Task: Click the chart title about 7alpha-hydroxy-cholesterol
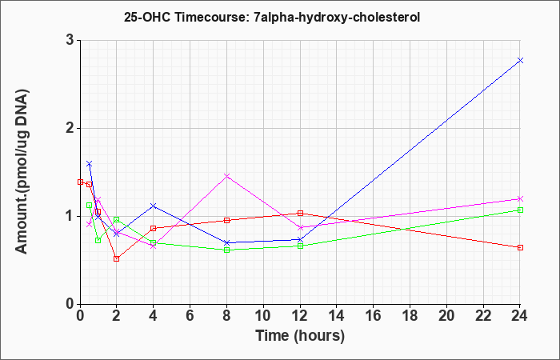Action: pos(272,17)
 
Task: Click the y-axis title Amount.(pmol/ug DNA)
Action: pos(22,171)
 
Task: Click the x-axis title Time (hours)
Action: pos(300,336)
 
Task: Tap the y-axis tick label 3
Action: pos(70,40)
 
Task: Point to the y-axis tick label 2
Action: pos(70,128)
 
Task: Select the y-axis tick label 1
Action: pos(70,216)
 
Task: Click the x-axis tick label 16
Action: pos(373,316)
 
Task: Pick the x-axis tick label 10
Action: pos(263,316)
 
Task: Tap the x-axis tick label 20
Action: pos(446,316)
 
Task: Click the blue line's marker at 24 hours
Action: pos(520,60)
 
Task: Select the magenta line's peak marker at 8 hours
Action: pos(226,176)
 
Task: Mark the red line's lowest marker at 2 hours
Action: pos(117,258)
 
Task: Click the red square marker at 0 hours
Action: pos(80,182)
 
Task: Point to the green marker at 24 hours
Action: pos(520,210)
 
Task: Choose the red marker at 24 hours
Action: pos(520,247)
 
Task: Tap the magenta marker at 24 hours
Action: pos(520,198)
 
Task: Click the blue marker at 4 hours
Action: pos(154,206)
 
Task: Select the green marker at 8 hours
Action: pos(226,250)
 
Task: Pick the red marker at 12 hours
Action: pos(300,214)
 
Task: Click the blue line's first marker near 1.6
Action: pos(90,163)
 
